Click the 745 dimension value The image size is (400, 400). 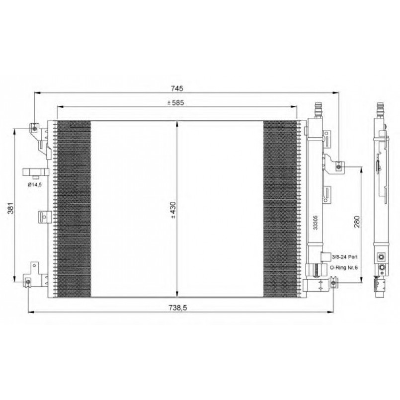[177, 88]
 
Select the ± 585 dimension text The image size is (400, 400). [175, 102]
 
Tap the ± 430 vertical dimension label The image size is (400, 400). [173, 210]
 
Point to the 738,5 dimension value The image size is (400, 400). [177, 308]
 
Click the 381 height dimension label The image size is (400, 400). [10, 208]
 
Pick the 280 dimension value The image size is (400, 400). [357, 222]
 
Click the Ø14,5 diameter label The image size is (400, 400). [34, 184]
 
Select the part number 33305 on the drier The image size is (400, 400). [316, 223]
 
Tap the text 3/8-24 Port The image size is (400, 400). [345, 257]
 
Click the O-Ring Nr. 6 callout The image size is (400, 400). [344, 268]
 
